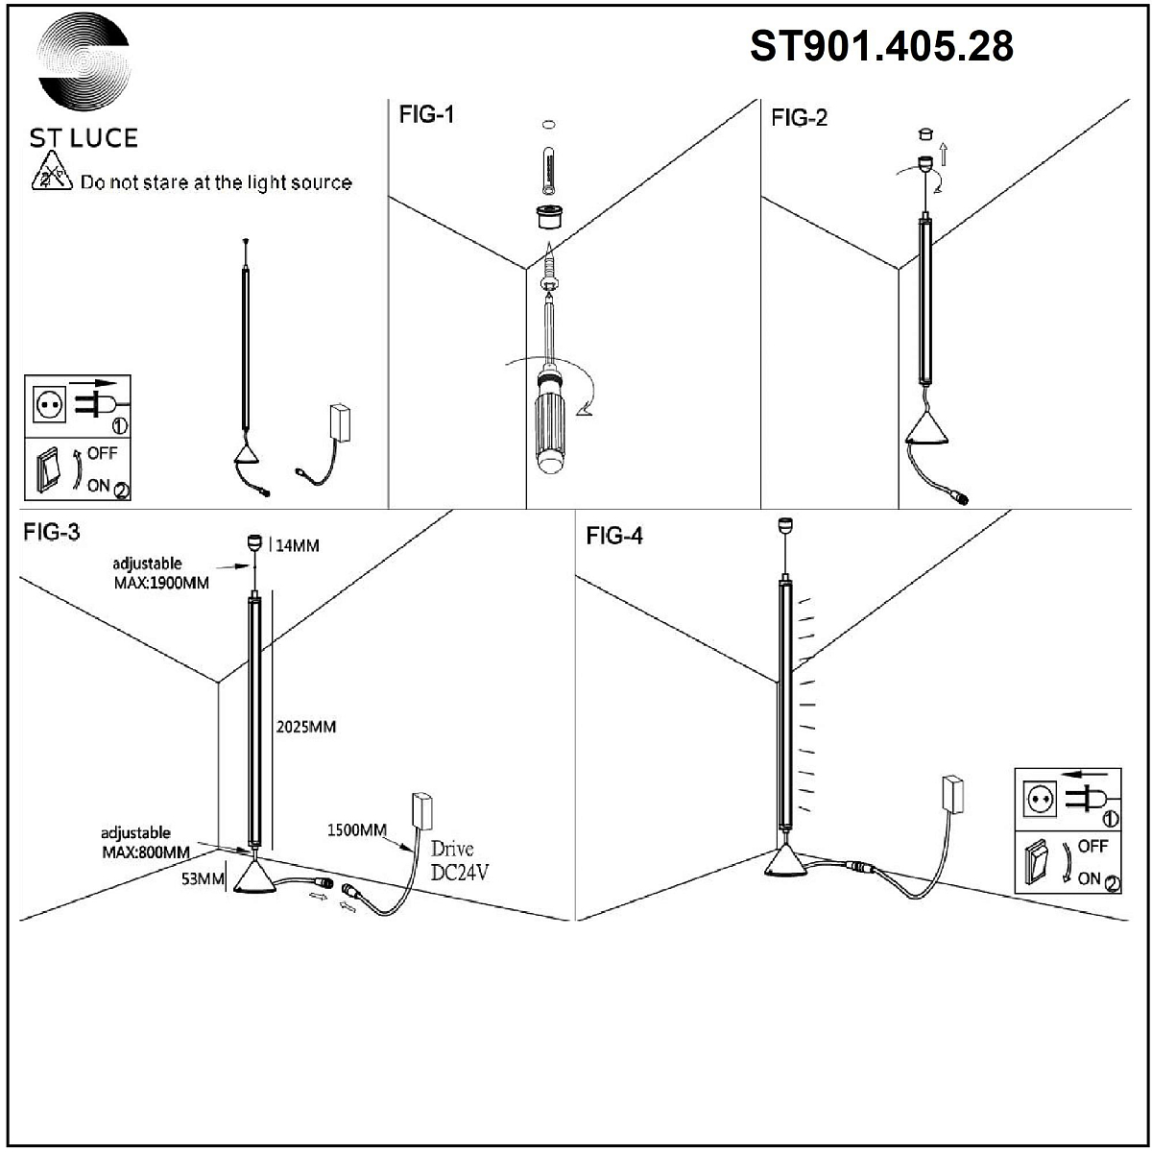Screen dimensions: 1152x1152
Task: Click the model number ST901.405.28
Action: point(881,46)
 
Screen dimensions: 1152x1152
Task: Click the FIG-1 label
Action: point(426,115)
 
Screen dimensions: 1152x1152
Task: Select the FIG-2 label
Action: point(799,118)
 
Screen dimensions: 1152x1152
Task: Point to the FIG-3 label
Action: point(51,534)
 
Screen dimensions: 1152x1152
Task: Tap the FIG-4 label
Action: point(614,536)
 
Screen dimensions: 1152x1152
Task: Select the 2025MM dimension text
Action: point(305,727)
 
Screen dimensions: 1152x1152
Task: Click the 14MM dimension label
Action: point(298,546)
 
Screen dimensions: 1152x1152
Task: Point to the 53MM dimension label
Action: point(204,878)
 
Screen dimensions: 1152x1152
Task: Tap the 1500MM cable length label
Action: point(357,829)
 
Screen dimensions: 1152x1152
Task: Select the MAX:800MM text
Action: point(145,852)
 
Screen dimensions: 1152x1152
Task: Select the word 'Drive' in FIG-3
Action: point(452,849)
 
